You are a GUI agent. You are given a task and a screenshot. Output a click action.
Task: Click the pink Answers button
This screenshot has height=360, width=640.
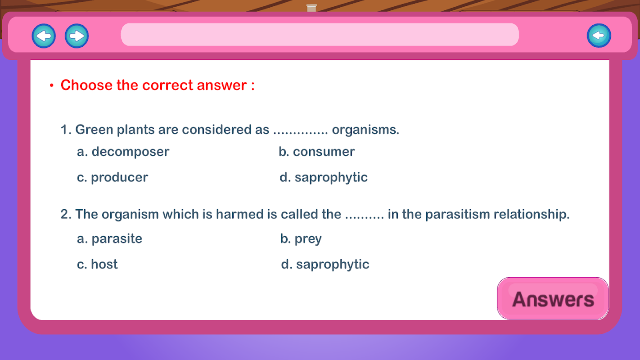tap(553, 298)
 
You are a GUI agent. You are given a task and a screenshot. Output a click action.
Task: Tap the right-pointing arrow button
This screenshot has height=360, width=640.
tap(77, 36)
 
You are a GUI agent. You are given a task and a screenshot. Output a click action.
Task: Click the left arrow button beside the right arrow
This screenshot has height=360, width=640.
tap(44, 36)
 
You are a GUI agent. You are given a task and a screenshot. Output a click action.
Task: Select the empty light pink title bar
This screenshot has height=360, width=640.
tap(320, 35)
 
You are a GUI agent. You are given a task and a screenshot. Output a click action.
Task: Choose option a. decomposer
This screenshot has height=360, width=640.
tap(123, 152)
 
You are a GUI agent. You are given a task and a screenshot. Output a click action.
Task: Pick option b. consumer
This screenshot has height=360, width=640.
tap(316, 152)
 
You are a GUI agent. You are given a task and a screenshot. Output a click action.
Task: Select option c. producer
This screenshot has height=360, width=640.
tap(112, 177)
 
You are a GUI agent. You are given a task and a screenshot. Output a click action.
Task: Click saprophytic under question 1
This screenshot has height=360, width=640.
tap(324, 177)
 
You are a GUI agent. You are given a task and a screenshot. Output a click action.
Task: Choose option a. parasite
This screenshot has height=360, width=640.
tap(109, 238)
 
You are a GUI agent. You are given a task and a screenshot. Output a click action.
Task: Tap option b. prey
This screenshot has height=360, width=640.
tap(301, 238)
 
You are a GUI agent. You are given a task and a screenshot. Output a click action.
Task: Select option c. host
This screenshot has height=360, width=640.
tap(97, 264)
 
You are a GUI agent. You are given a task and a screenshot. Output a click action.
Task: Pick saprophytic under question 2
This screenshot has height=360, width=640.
tap(325, 264)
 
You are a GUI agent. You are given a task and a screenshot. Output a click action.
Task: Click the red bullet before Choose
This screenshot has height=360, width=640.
tap(51, 85)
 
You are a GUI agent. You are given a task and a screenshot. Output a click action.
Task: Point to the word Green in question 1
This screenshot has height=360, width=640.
tap(94, 130)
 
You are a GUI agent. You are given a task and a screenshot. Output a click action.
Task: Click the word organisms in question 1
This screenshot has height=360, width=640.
tap(365, 130)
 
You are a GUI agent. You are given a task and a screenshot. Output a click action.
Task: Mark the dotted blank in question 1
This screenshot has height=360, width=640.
tap(301, 133)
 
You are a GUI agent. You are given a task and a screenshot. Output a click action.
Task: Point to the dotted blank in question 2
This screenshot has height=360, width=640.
tap(364, 218)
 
